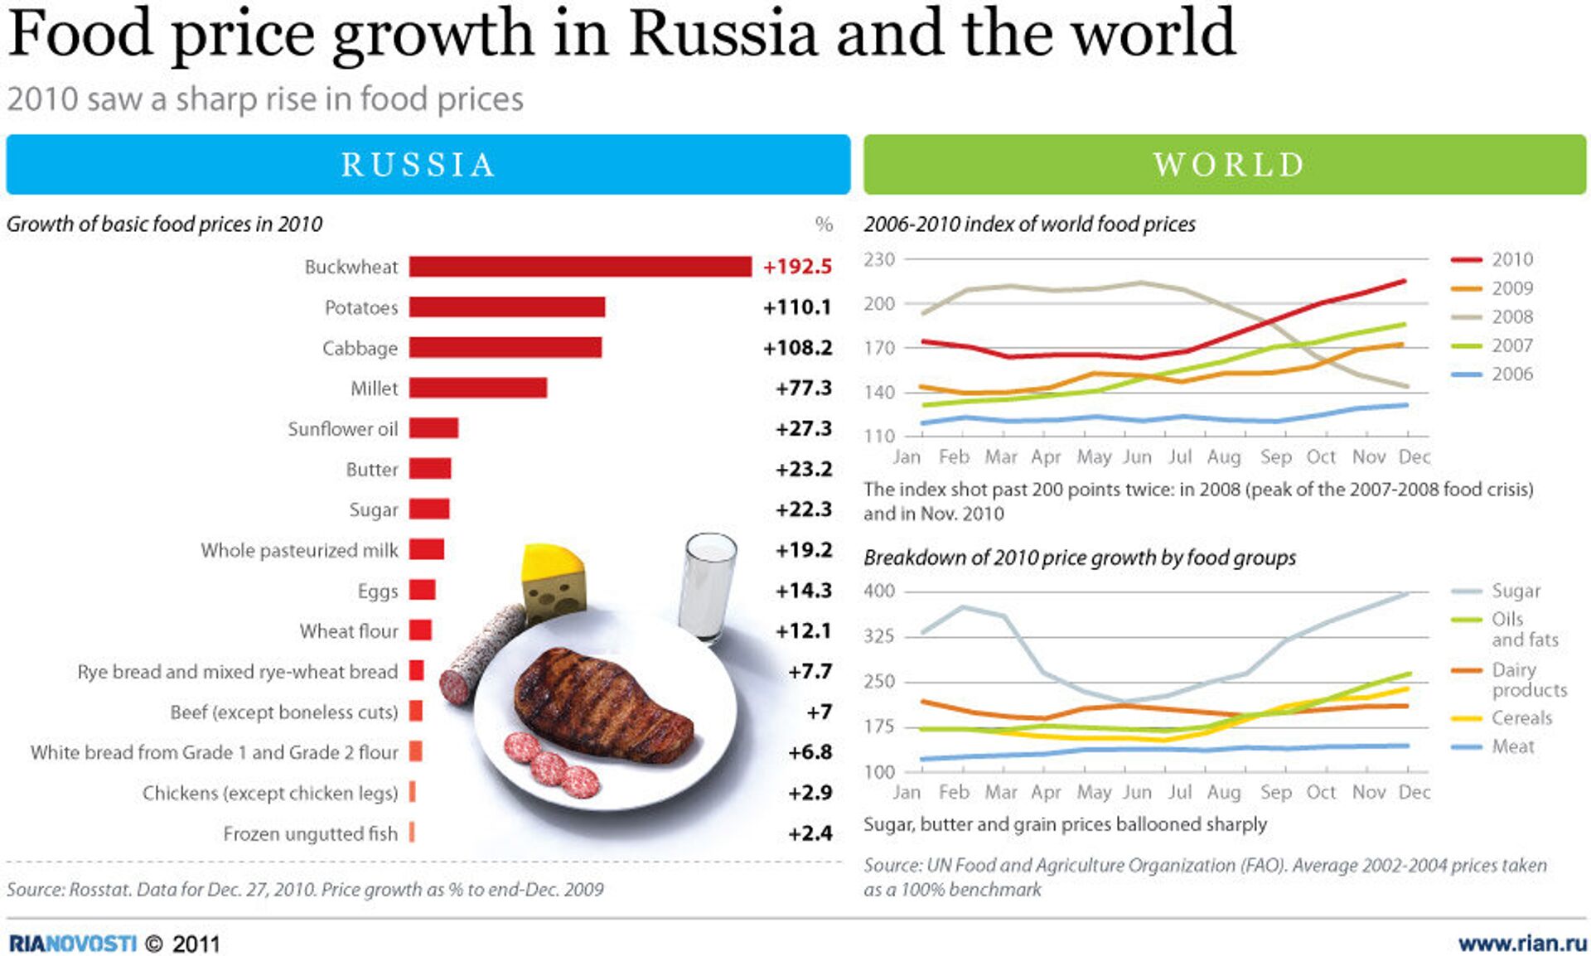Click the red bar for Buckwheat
[x=580, y=266]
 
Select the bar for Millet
[x=477, y=388]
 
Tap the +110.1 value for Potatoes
[x=796, y=307]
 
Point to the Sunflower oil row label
[x=342, y=429]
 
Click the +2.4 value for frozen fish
[x=810, y=833]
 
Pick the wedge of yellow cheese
[x=553, y=580]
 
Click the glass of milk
[x=707, y=587]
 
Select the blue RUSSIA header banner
[x=428, y=164]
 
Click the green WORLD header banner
[x=1225, y=164]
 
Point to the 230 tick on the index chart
[x=879, y=259]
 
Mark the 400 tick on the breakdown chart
[x=879, y=591]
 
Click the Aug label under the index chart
[x=1224, y=457]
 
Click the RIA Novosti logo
[x=72, y=944]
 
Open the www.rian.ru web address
[x=1522, y=944]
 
